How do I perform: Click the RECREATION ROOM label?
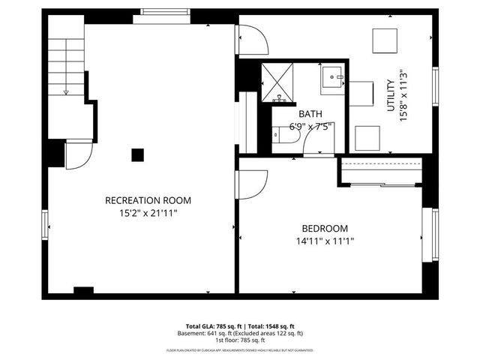click(148, 200)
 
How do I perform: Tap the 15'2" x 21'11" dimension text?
click(148, 213)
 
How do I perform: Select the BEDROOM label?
click(325, 228)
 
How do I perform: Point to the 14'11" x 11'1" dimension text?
click(325, 241)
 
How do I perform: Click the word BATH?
click(310, 114)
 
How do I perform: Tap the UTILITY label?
click(391, 97)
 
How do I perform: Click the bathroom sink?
click(332, 77)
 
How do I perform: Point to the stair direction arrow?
click(67, 91)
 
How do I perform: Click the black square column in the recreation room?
click(137, 155)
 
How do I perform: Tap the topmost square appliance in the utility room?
click(385, 39)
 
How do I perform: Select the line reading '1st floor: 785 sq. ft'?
click(239, 340)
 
